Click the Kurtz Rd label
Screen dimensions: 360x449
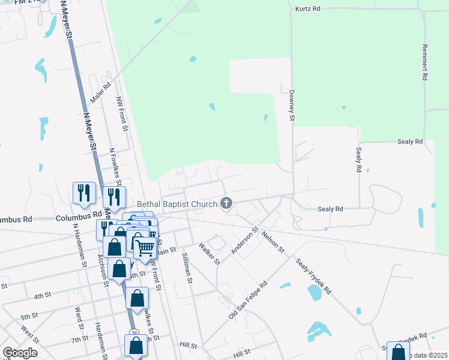tap(308, 9)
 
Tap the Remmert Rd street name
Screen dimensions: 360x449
tap(424, 62)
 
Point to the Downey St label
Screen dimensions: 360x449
tap(292, 106)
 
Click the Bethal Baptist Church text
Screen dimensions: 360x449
tap(176, 205)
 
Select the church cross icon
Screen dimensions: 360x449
tap(226, 203)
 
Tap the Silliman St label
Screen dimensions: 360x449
tap(187, 268)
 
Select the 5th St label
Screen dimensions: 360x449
tap(29, 316)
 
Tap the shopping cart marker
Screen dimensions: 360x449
tap(145, 247)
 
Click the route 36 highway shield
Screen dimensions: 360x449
tap(134, 333)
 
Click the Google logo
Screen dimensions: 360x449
tap(20, 353)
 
